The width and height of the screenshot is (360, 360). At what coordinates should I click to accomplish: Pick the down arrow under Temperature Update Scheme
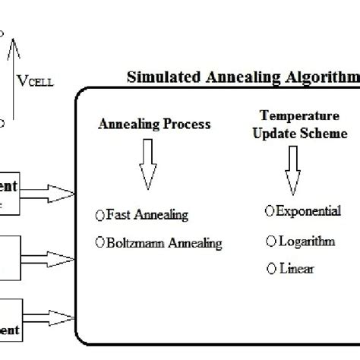coord(292,172)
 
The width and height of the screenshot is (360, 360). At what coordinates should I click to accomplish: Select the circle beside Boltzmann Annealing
coord(100,243)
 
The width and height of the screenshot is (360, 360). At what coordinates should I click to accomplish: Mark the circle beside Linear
coord(270,267)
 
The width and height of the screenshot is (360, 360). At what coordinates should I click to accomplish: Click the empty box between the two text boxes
coord(15,255)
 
